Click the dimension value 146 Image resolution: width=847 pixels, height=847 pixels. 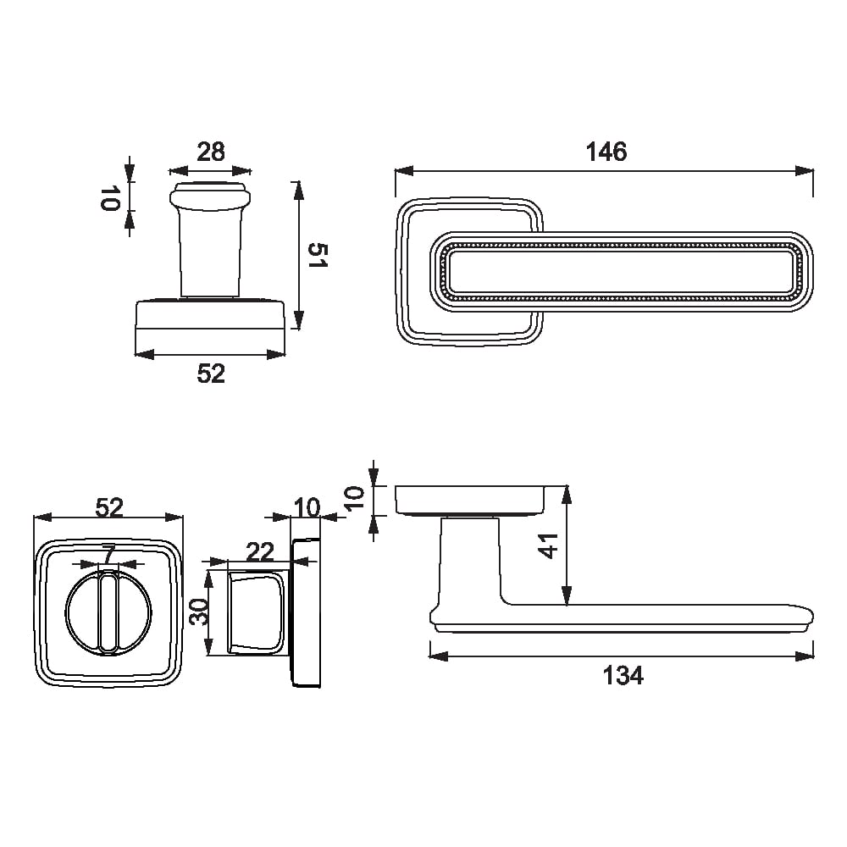[x=606, y=152]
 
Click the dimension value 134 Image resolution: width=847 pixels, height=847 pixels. [x=623, y=675]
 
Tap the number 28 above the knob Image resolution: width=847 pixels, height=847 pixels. [x=210, y=152]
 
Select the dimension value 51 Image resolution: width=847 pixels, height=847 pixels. [x=318, y=255]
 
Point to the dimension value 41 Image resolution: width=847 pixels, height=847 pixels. [x=548, y=545]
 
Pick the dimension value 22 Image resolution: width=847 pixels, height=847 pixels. [x=260, y=552]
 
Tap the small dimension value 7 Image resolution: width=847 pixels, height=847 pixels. [x=109, y=554]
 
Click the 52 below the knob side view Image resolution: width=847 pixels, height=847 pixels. [x=210, y=374]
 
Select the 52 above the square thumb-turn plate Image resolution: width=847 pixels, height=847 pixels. [x=109, y=507]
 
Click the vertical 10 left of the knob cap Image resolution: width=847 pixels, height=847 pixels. [x=109, y=197]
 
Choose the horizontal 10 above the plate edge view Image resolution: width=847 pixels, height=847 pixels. [x=307, y=507]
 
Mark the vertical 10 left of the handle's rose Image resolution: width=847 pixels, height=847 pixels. [x=354, y=498]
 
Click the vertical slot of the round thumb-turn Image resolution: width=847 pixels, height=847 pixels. [x=108, y=612]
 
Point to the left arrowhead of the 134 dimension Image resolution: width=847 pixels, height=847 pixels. [x=438, y=656]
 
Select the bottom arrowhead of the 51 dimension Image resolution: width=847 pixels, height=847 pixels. [x=297, y=320]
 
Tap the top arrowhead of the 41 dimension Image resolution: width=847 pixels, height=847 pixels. [x=566, y=495]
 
